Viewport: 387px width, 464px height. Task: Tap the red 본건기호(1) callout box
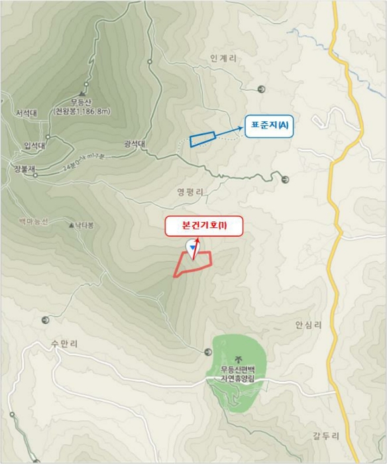204,226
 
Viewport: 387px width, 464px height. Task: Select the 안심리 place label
308,325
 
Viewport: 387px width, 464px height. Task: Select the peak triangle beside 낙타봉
72,225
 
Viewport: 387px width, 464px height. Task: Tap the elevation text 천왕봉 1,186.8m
82,112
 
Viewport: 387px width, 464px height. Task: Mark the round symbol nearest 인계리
261,89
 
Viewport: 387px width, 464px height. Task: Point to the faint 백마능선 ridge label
33,220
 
